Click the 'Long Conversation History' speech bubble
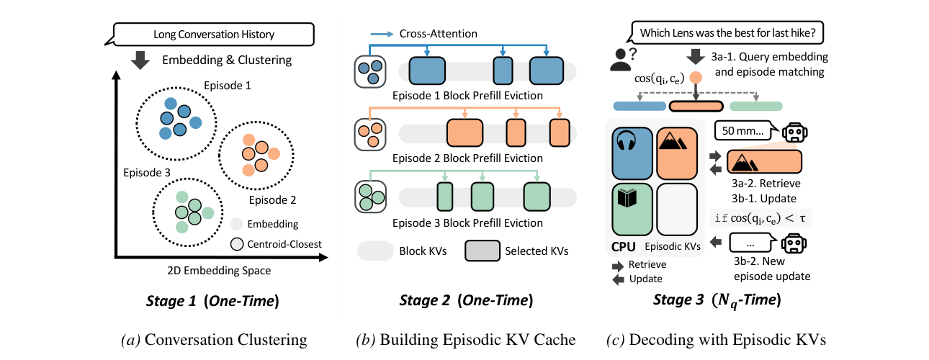[213, 34]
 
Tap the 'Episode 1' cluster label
[228, 86]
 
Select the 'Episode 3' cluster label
[147, 173]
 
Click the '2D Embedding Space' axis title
[219, 271]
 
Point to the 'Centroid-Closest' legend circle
[237, 244]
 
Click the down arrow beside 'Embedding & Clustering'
[140, 60]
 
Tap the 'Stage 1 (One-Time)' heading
[212, 301]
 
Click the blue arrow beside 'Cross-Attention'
[382, 34]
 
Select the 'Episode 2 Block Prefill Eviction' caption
[467, 158]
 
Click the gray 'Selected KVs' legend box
[483, 251]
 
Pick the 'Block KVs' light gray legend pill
[375, 251]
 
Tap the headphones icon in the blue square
[627, 140]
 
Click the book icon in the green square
[627, 198]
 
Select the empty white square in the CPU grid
[677, 210]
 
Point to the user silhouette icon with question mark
[623, 60]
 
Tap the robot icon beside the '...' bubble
[794, 243]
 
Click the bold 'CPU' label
[624, 247]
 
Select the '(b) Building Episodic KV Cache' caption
[466, 340]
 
